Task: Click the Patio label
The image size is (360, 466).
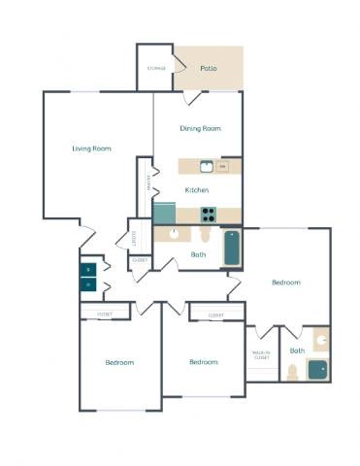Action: tap(208, 69)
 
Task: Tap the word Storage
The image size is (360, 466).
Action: tap(155, 69)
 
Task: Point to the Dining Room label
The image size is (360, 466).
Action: tap(201, 128)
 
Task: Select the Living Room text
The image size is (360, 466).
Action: tap(91, 149)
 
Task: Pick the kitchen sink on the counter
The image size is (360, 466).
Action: tap(206, 166)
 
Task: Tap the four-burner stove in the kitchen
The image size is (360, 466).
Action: tap(207, 215)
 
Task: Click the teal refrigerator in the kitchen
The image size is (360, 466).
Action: tap(163, 213)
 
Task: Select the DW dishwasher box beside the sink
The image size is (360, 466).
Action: tap(222, 167)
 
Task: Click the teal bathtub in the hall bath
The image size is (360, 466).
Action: tap(232, 248)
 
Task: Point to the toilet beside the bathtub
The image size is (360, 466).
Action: tap(205, 236)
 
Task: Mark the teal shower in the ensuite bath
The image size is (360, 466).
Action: tap(317, 370)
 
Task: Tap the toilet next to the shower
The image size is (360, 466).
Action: tap(291, 372)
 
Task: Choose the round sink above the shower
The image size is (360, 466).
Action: tap(321, 341)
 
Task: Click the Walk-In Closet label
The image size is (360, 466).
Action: tap(261, 355)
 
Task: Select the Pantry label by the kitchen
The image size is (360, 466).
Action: tap(148, 182)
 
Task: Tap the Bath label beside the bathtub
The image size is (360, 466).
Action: tap(198, 255)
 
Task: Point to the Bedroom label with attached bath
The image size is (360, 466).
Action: tap(285, 283)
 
